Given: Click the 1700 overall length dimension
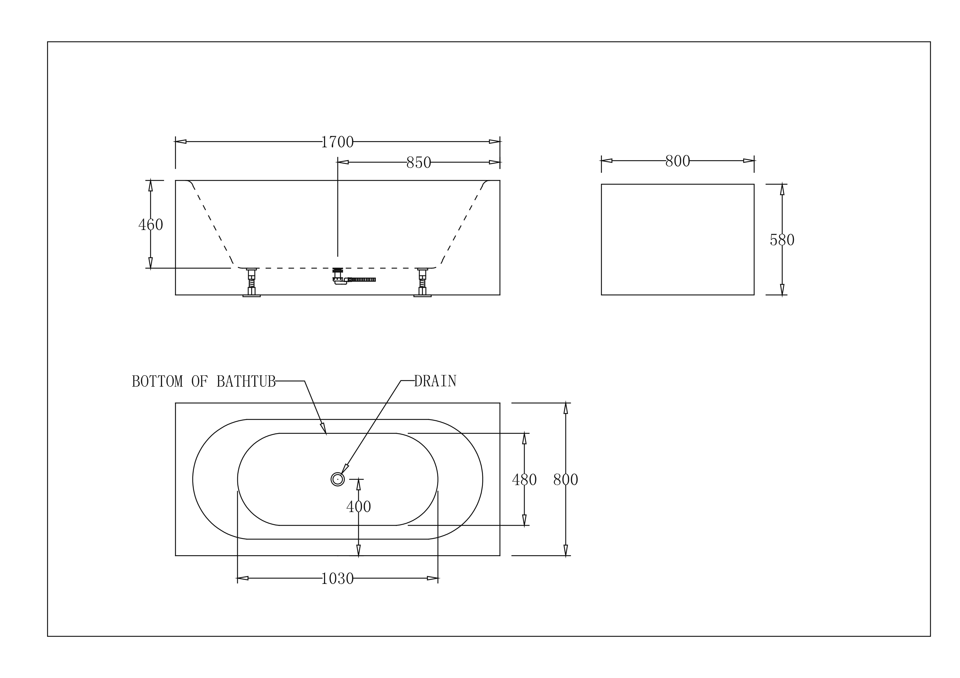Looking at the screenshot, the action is tap(337, 142).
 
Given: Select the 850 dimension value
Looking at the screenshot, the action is tap(418, 162).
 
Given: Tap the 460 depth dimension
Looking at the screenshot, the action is tap(151, 225).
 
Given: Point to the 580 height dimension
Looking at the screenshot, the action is tap(782, 240).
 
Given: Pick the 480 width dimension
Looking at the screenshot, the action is tap(524, 479).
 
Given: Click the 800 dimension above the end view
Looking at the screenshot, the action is tap(677, 161).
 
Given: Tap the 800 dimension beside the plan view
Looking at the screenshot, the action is tap(566, 479).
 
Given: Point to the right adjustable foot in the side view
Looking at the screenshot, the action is tap(422, 283).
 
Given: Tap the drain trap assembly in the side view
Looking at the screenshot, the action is tap(354, 277).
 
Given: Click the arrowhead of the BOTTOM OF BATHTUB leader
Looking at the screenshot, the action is tap(324, 429).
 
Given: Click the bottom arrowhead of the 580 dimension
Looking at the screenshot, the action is tap(782, 290).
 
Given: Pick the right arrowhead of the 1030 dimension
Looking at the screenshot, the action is tap(433, 578).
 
